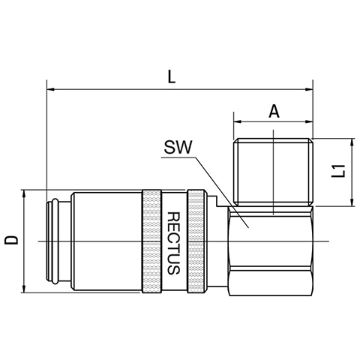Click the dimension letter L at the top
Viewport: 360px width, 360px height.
point(171,76)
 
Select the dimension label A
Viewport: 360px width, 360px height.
point(274,112)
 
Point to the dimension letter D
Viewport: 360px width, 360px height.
point(12,240)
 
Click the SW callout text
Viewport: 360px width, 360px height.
point(178,147)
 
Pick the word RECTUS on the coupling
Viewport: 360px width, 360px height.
point(173,243)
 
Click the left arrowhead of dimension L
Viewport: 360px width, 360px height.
point(51,89)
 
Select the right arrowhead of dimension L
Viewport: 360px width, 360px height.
point(309,89)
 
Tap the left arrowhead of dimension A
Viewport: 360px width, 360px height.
point(237,121)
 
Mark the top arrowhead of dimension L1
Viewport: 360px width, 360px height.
point(352,142)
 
